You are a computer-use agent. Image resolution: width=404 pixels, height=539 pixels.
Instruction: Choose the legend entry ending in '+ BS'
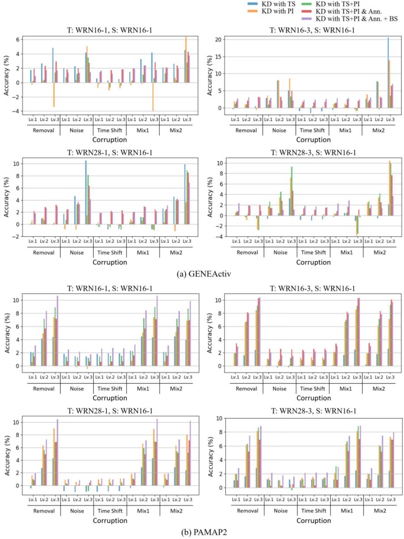(347, 18)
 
